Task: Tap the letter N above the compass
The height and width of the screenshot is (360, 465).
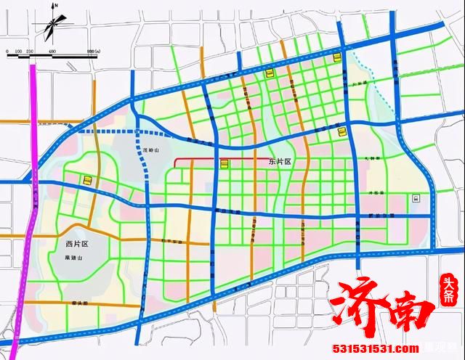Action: (x=57, y=7)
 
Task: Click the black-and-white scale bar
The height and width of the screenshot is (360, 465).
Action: (x=51, y=57)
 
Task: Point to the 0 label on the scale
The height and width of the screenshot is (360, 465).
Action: (x=7, y=51)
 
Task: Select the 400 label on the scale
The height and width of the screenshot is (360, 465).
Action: (x=52, y=51)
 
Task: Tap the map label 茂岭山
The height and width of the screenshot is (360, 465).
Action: (x=150, y=150)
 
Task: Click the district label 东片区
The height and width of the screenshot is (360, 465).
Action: (x=277, y=164)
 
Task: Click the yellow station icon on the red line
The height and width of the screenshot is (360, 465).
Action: (x=225, y=164)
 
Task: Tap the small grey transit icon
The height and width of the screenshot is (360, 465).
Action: (x=415, y=197)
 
